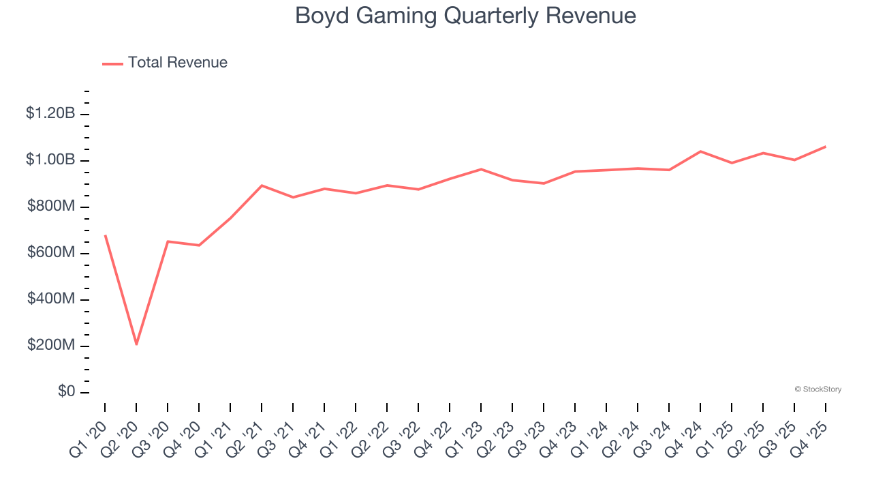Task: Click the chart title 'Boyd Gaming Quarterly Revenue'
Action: [x=465, y=16]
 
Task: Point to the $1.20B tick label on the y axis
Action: [x=50, y=113]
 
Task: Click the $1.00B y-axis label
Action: [x=50, y=160]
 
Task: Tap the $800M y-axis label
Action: [x=51, y=206]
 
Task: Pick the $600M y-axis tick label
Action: [x=51, y=252]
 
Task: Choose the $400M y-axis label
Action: [x=51, y=299]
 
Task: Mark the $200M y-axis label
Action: [x=51, y=345]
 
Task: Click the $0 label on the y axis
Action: [x=67, y=391]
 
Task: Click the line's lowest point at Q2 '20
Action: [x=136, y=344]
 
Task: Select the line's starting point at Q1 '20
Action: [x=105, y=235]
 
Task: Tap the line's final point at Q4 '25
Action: [x=826, y=147]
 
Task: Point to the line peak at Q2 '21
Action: [x=262, y=185]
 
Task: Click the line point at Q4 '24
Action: [x=700, y=151]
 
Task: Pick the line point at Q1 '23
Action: [x=481, y=169]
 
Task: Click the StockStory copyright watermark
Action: [x=817, y=389]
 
